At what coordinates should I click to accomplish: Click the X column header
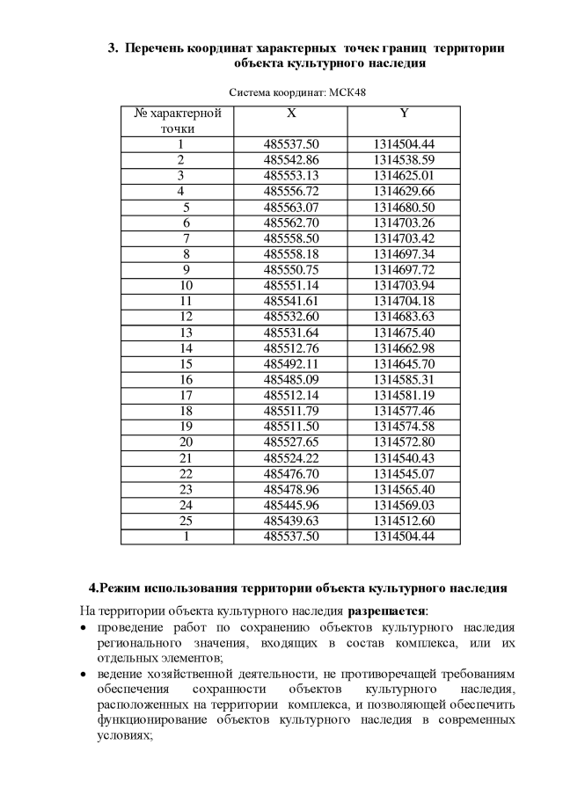291,113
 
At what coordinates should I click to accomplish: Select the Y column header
404,113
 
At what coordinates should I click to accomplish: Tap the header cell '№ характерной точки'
178,120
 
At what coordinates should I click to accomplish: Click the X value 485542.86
291,160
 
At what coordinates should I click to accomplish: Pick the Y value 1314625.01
404,176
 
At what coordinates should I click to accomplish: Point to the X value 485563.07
291,208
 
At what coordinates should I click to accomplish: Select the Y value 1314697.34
404,254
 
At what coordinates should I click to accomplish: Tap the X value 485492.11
291,363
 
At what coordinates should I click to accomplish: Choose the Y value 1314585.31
404,379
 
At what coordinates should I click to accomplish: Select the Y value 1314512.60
404,520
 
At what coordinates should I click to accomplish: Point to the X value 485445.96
291,504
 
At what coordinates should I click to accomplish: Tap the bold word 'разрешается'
386,610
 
